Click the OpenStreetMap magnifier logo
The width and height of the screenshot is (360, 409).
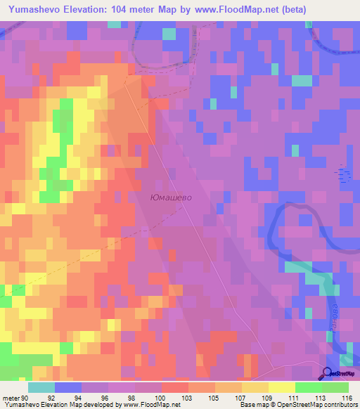tap(328, 375)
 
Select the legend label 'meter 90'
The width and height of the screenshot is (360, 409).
tap(15, 397)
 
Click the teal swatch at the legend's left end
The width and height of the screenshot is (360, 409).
tap(41, 387)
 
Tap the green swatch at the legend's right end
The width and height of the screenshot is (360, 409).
tap(335, 387)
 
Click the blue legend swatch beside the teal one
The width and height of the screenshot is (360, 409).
tap(67, 387)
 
